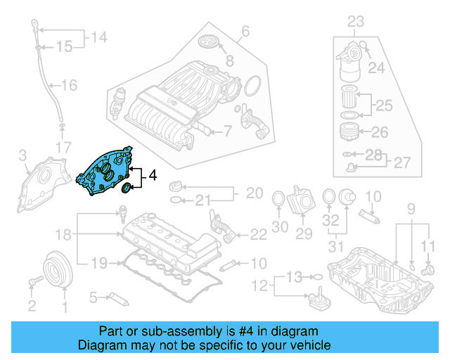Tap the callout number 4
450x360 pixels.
pyautogui.click(x=153, y=179)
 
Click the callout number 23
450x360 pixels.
pyautogui.click(x=356, y=21)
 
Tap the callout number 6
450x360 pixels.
pyautogui.click(x=245, y=31)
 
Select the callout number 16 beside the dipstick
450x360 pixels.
pyautogui.click(x=69, y=86)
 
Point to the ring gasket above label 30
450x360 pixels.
pyautogui.click(x=279, y=200)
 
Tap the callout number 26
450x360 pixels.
pyautogui.click(x=379, y=131)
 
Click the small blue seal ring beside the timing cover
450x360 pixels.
pyautogui.click(x=127, y=188)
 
